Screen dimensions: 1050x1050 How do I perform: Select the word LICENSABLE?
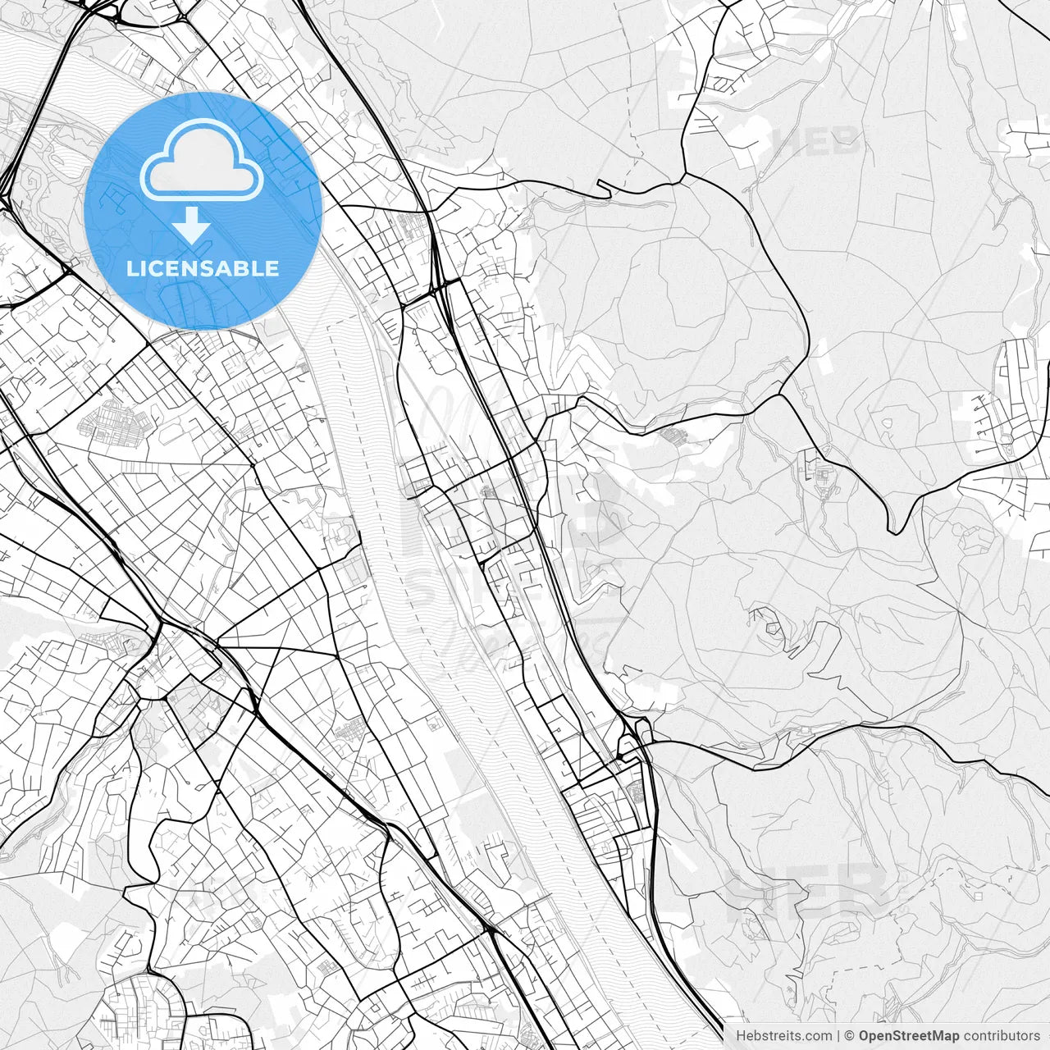click(x=203, y=268)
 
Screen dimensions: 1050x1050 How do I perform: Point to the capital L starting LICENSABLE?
click(x=131, y=268)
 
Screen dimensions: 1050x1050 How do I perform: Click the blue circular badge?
click(x=203, y=211)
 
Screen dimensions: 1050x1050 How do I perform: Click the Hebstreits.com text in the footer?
click(x=783, y=1036)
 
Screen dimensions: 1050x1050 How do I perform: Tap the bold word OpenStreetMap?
click(x=909, y=1036)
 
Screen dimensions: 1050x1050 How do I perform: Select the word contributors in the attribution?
click(x=1002, y=1036)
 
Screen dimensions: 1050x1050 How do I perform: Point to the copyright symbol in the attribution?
click(x=850, y=1036)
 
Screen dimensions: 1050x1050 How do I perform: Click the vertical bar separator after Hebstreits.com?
click(x=838, y=1036)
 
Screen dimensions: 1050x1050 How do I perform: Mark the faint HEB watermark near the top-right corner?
click(x=816, y=141)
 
